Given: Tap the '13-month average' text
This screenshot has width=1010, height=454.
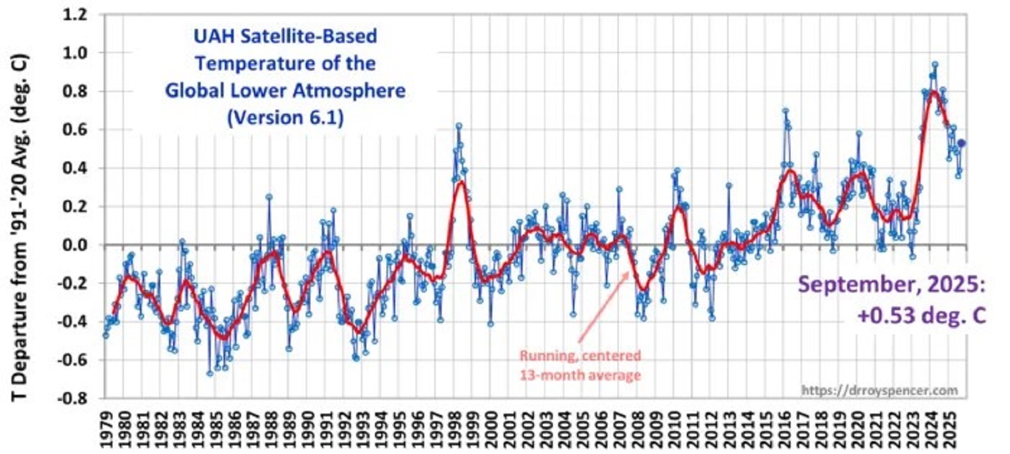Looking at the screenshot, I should (x=580, y=375).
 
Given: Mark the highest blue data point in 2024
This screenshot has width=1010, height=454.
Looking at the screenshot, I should (x=935, y=65).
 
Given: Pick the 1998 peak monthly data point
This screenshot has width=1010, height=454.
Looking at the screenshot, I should (x=459, y=126).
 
